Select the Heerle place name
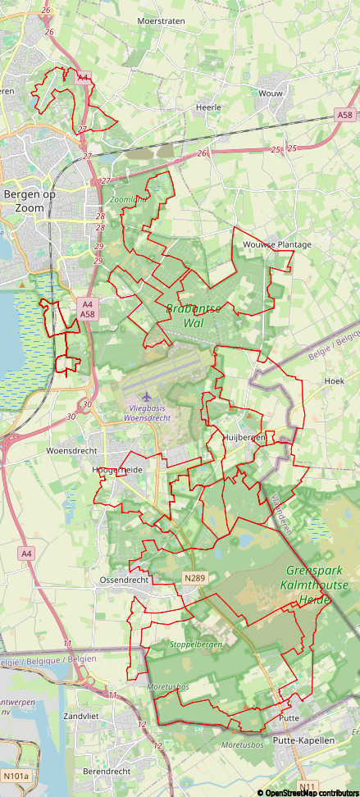click(209, 107)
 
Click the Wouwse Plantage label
click(277, 244)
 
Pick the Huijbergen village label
click(244, 438)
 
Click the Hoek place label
click(334, 381)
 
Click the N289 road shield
click(194, 578)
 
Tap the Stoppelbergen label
click(196, 644)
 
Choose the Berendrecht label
click(107, 772)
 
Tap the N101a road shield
click(16, 776)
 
